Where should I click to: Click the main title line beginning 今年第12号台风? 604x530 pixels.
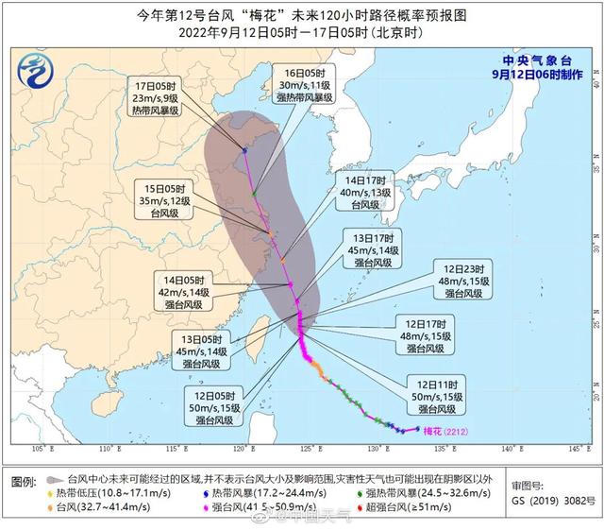coord(301,14)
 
